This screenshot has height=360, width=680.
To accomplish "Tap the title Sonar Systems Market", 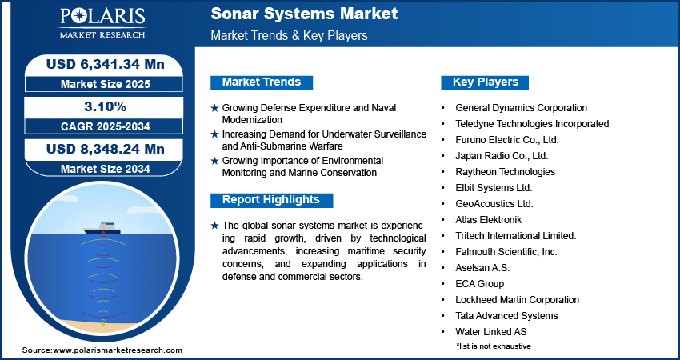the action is pyautogui.click(x=304, y=14).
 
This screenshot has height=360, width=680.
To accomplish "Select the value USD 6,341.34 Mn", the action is pyautogui.click(x=106, y=64).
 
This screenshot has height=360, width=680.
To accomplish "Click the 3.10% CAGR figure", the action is pyautogui.click(x=104, y=106).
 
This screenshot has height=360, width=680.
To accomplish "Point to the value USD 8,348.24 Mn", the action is pyautogui.click(x=106, y=150).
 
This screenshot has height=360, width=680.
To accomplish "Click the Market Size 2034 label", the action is pyautogui.click(x=106, y=169).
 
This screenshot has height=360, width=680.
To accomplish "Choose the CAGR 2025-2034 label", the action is pyautogui.click(x=106, y=126).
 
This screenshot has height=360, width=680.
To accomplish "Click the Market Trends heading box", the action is pyautogui.click(x=262, y=82).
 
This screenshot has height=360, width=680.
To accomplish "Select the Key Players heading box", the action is pyautogui.click(x=485, y=82).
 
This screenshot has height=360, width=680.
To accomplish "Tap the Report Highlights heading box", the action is pyautogui.click(x=271, y=200).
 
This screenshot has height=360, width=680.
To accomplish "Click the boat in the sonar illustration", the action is pyautogui.click(x=101, y=229).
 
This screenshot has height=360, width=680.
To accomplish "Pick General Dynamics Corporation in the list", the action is pyautogui.click(x=522, y=108).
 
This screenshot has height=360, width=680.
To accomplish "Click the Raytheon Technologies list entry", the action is pyautogui.click(x=506, y=172).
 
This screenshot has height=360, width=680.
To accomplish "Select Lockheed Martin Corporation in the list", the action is pyautogui.click(x=517, y=300).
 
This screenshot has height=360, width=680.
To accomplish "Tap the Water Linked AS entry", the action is pyautogui.click(x=491, y=332).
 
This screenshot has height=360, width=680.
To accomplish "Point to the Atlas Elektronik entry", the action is pyautogui.click(x=488, y=220).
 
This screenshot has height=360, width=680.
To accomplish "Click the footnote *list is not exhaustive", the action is pyautogui.click(x=493, y=346).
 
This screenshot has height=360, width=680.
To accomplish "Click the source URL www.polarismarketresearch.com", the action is pyautogui.click(x=118, y=350).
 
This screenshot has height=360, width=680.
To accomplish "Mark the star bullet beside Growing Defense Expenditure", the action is pyautogui.click(x=214, y=109).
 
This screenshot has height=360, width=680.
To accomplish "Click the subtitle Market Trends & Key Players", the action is pyautogui.click(x=290, y=35).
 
